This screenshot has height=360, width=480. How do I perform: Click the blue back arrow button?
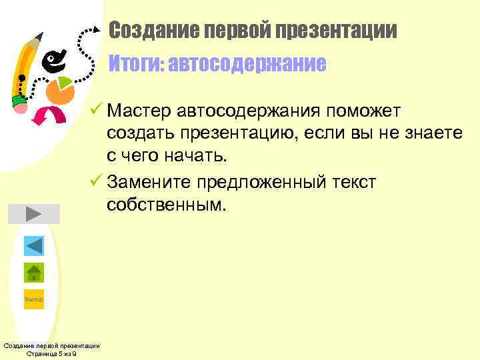(33, 245)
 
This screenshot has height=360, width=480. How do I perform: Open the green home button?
(33, 272)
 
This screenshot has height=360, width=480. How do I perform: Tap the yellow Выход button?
(33, 299)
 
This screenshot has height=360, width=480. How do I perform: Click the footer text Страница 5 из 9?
(51, 354)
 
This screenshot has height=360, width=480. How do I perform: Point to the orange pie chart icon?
(61, 89)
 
